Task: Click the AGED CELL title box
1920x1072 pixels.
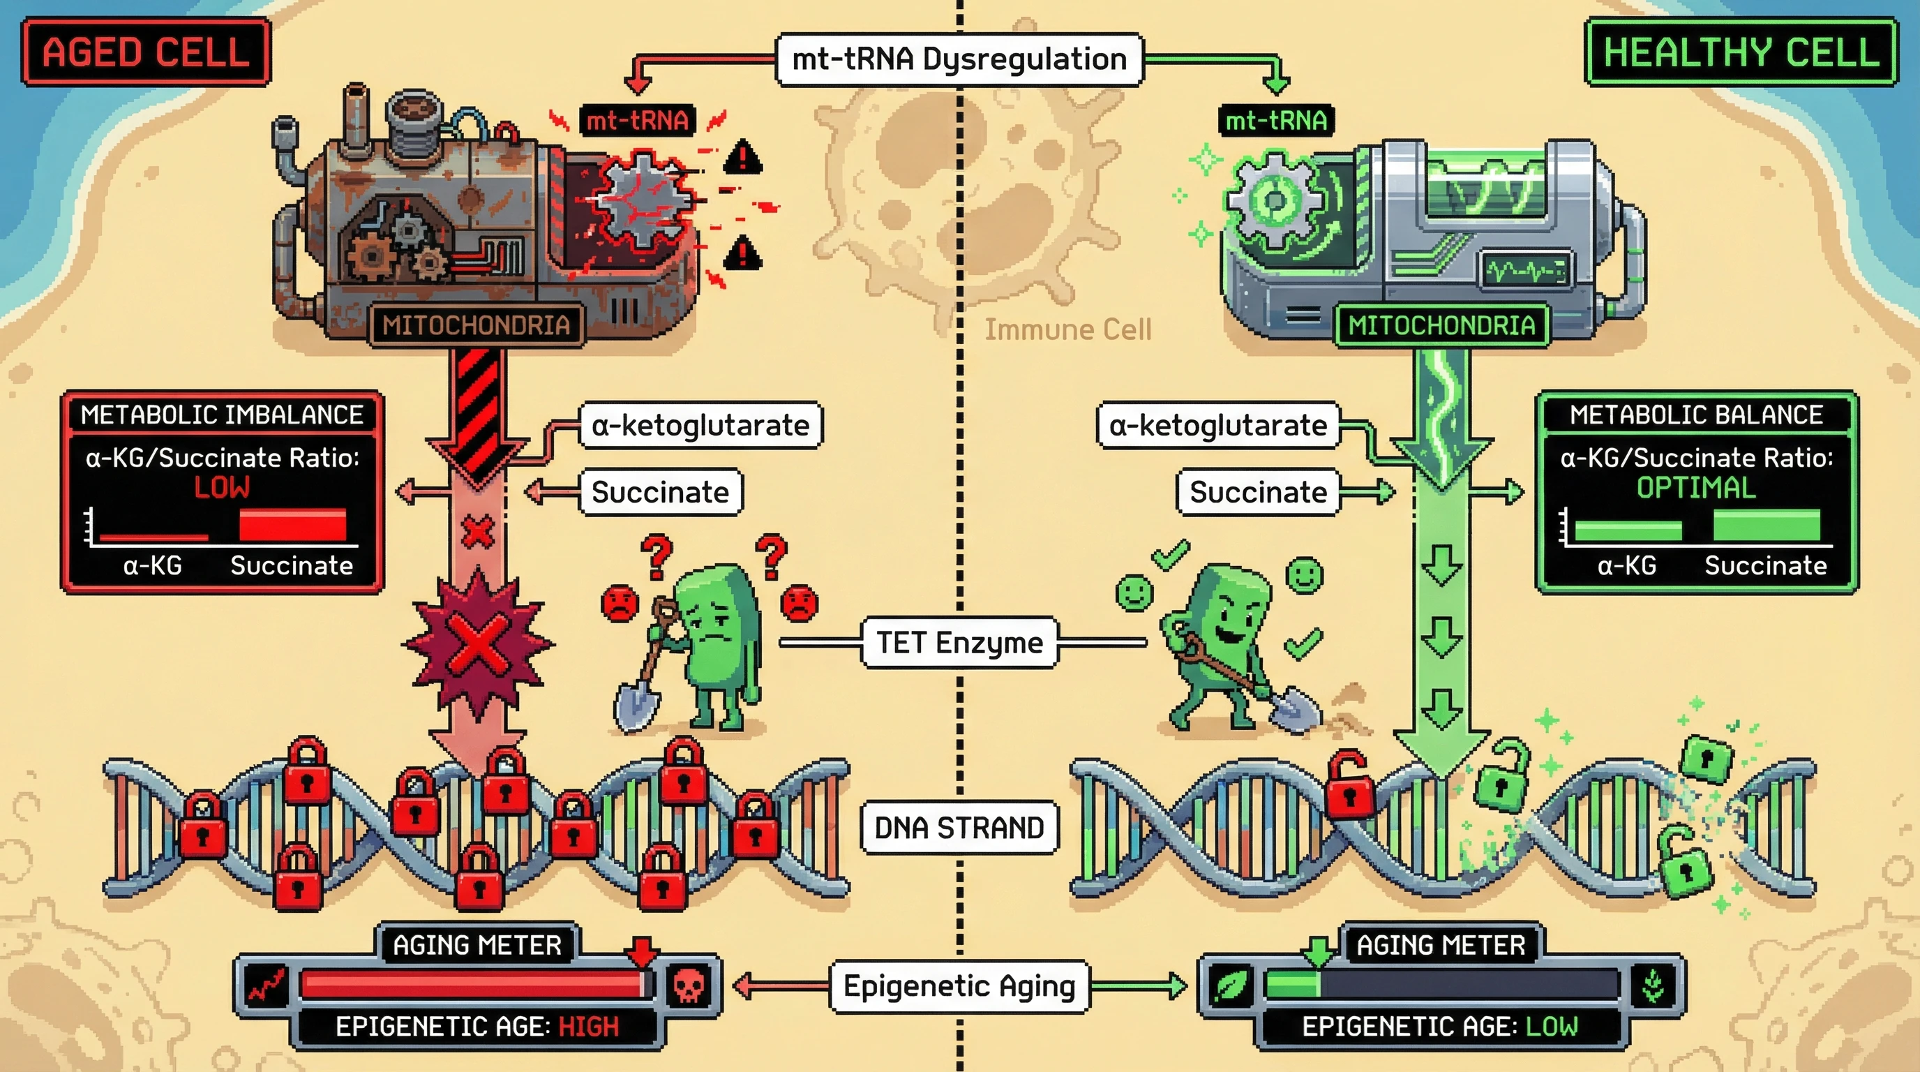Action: [145, 52]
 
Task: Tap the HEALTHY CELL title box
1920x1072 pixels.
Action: [1741, 52]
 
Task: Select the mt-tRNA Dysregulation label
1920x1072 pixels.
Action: [959, 59]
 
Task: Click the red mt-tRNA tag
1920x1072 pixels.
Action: [637, 120]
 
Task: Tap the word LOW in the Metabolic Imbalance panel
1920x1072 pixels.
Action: [222, 488]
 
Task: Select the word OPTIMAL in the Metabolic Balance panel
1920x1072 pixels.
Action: [1697, 488]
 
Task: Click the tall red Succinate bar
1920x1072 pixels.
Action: [292, 524]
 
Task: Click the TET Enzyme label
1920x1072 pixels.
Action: [959, 643]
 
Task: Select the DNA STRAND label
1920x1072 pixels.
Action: [959, 828]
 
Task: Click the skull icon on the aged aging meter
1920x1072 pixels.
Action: [688, 986]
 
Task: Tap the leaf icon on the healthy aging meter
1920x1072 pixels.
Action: [1231, 986]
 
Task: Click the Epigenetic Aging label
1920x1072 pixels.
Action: [959, 986]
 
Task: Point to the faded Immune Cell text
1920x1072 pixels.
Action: [1067, 329]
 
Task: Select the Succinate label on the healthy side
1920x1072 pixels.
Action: [1258, 492]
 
